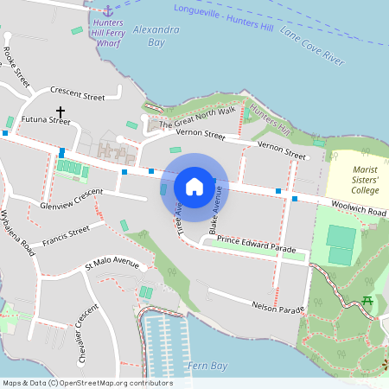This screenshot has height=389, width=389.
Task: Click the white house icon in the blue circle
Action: (194, 186)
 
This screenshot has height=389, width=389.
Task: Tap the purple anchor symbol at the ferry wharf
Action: (107, 10)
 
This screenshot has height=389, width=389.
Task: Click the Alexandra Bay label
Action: (163, 35)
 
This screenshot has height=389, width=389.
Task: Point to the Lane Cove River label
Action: (312, 45)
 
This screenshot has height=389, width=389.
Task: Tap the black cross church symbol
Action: (61, 112)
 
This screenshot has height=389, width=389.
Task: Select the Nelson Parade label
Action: (278, 307)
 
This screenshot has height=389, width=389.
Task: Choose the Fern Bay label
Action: (209, 366)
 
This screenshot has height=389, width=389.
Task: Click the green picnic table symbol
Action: (368, 301)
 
